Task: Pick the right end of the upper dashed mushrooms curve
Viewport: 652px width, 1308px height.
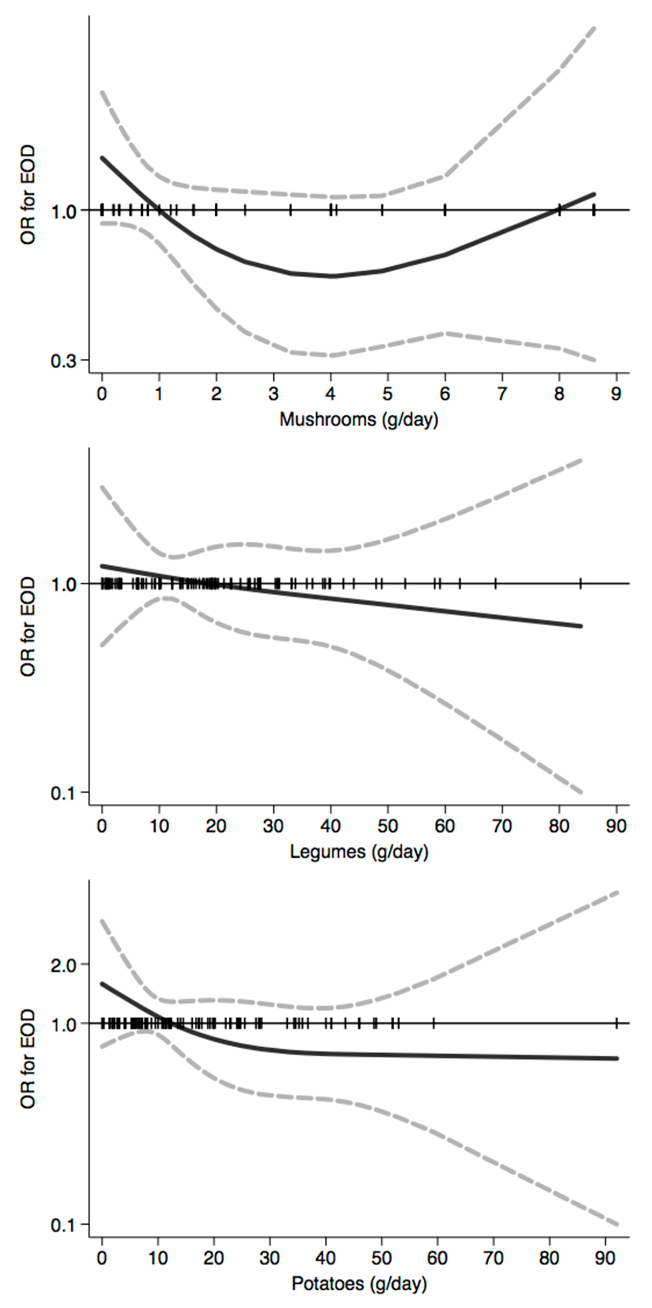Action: (x=594, y=28)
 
